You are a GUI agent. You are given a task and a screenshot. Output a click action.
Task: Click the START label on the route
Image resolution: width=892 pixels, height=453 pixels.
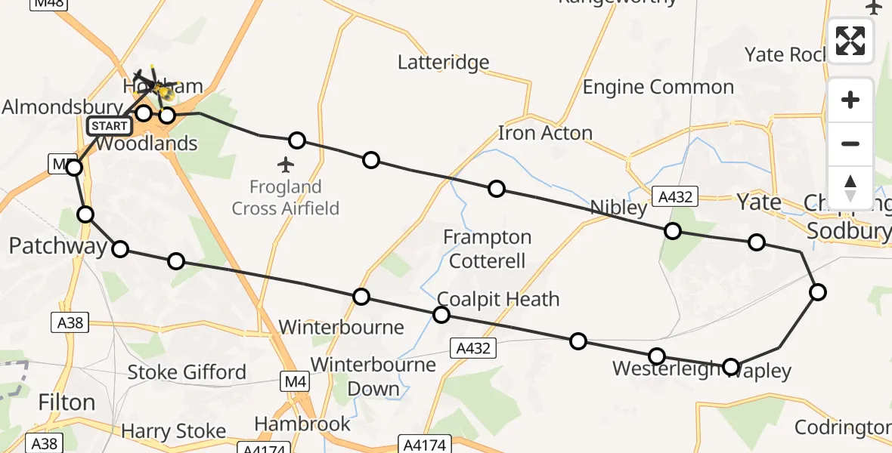[109, 126]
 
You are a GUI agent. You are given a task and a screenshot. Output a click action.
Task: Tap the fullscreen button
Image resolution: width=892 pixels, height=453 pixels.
[850, 41]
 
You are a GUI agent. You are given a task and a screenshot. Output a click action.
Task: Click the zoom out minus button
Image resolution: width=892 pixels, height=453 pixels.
[850, 143]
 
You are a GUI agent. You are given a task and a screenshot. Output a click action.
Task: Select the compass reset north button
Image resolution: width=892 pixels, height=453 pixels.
[850, 187]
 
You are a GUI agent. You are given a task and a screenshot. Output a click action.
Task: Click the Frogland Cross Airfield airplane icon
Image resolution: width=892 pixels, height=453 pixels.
[286, 164]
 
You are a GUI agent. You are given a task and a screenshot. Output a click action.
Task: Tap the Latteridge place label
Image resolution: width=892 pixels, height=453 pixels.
[444, 62]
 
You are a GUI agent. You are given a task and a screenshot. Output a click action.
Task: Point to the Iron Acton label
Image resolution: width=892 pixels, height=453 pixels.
[544, 134]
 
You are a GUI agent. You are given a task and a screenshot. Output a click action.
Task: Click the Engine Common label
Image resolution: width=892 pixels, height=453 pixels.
[658, 88]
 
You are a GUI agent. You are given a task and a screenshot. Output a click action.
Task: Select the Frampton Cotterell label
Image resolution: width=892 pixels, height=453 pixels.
[487, 249]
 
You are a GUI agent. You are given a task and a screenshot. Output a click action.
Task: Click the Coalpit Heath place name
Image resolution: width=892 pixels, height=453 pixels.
[498, 299]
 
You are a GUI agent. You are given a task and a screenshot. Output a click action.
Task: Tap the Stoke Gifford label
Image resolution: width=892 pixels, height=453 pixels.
[187, 372]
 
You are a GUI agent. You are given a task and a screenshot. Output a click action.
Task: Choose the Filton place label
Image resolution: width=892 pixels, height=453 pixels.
[67, 402]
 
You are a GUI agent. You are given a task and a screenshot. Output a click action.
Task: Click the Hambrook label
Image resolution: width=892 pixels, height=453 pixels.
[302, 424]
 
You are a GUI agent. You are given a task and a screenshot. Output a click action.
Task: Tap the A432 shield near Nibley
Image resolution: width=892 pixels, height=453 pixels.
[674, 197]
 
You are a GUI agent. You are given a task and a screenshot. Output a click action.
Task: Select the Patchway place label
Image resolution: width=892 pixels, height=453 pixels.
[57, 246]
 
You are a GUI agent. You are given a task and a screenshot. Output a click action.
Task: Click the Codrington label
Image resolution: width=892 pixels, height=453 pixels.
[842, 428]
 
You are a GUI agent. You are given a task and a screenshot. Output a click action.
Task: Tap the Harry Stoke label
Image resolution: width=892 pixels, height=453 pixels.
[174, 431]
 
